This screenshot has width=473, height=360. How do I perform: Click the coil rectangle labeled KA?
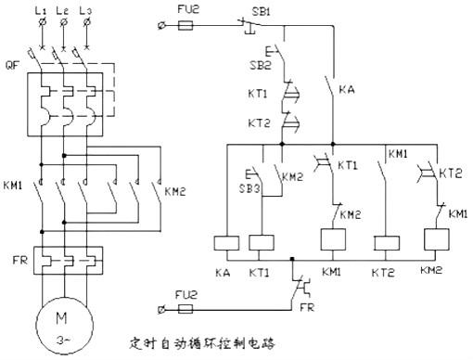pos(228,243)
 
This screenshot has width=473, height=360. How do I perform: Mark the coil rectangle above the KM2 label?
pos(435,243)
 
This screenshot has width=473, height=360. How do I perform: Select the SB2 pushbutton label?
pos(261,68)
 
